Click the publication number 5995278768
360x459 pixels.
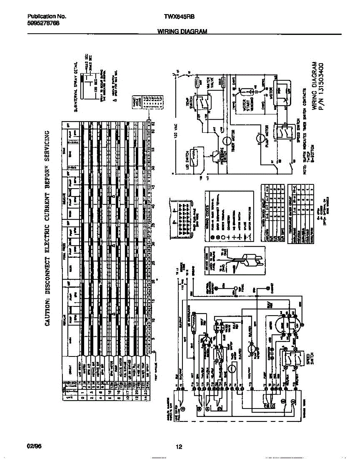click(43, 23)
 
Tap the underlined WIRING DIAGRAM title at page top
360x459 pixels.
click(182, 32)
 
